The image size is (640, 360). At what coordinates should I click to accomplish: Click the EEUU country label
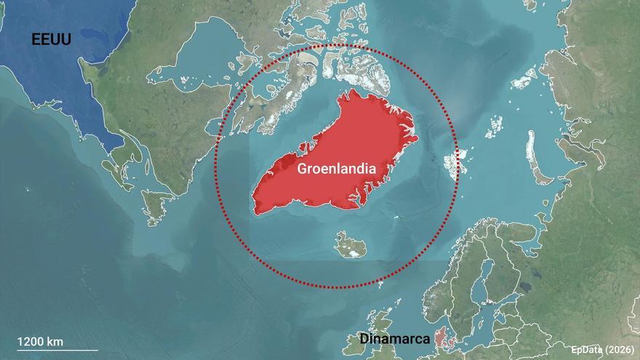50,39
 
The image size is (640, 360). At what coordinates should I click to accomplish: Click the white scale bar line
57,351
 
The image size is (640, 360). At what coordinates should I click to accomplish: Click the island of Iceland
351,245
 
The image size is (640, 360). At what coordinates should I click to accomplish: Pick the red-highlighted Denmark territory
441,337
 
